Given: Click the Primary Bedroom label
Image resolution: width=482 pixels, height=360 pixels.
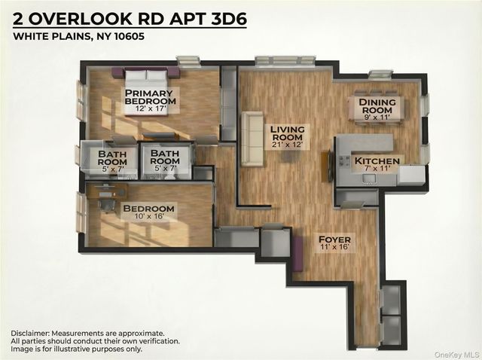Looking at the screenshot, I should coord(150,97).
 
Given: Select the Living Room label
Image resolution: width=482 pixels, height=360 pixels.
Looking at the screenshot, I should coord(288,133).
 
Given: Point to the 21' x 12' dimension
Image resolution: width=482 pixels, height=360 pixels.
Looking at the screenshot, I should coord(288,145).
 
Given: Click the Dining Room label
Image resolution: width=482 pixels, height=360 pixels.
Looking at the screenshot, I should coord(372,106).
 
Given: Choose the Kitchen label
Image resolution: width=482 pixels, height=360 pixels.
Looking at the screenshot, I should coord(372,160).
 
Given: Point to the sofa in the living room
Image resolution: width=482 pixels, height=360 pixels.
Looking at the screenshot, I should coord(251,140).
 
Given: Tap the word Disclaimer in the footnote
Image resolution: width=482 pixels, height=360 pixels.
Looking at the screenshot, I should coord(34,332).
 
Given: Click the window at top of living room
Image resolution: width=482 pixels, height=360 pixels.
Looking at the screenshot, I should coord(284,60).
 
